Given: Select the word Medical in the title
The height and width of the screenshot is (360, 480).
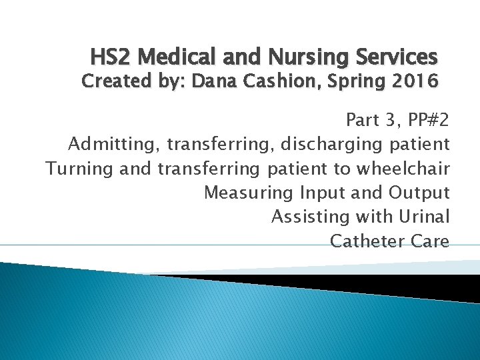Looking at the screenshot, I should [170, 57].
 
